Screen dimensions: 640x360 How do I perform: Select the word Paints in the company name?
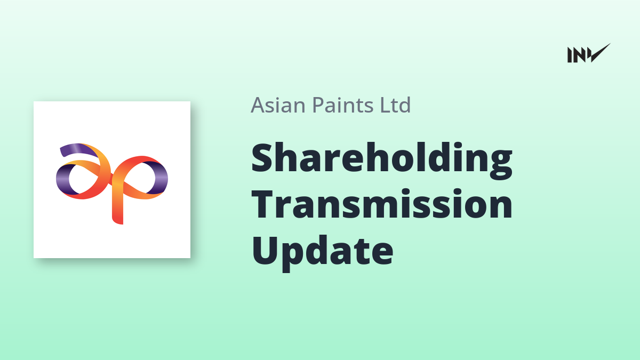click(342, 105)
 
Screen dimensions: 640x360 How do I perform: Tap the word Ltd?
click(395, 105)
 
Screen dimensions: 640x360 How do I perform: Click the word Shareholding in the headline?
click(382, 161)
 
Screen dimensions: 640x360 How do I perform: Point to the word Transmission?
click(382, 204)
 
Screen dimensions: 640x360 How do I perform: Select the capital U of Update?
click(265, 251)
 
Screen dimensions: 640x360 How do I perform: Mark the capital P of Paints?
click(318, 105)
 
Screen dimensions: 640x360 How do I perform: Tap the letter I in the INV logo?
click(569, 55)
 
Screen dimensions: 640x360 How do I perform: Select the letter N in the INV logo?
click(579, 55)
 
